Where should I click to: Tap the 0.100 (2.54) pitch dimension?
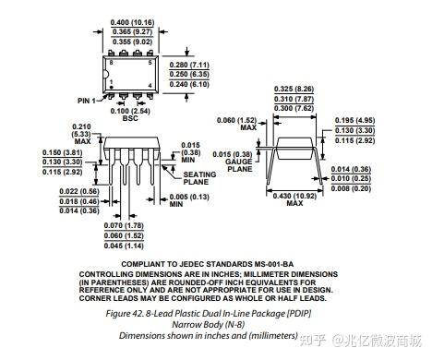pyautogui.click(x=128, y=112)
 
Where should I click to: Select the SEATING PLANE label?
pyautogui.click(x=199, y=179)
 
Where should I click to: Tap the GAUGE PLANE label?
pyautogui.click(x=237, y=162)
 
